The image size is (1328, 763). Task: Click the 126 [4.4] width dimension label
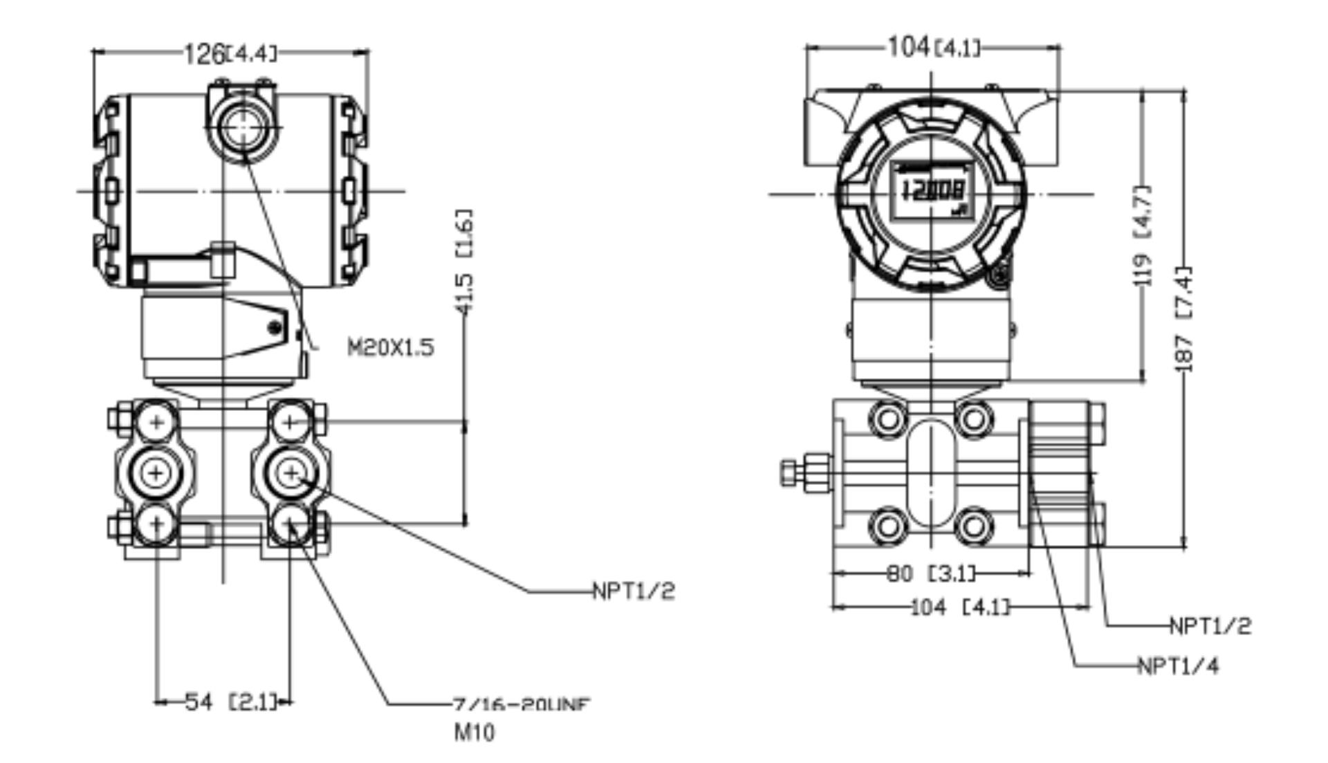230,53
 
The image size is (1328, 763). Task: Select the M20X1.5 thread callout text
391,347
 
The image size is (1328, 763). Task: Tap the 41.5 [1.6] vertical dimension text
464,261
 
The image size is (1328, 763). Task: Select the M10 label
474,732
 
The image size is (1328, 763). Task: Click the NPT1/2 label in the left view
633,591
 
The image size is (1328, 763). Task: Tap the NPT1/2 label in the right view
1210,625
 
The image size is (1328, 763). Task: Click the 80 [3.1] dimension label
931,573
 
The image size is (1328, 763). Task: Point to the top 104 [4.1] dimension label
934,48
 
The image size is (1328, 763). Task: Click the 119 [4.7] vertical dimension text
1144,235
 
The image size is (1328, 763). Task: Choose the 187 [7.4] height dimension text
1184,319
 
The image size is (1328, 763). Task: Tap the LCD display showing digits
932,190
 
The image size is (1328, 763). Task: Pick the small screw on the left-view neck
275,327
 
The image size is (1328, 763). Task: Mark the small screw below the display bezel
998,277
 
